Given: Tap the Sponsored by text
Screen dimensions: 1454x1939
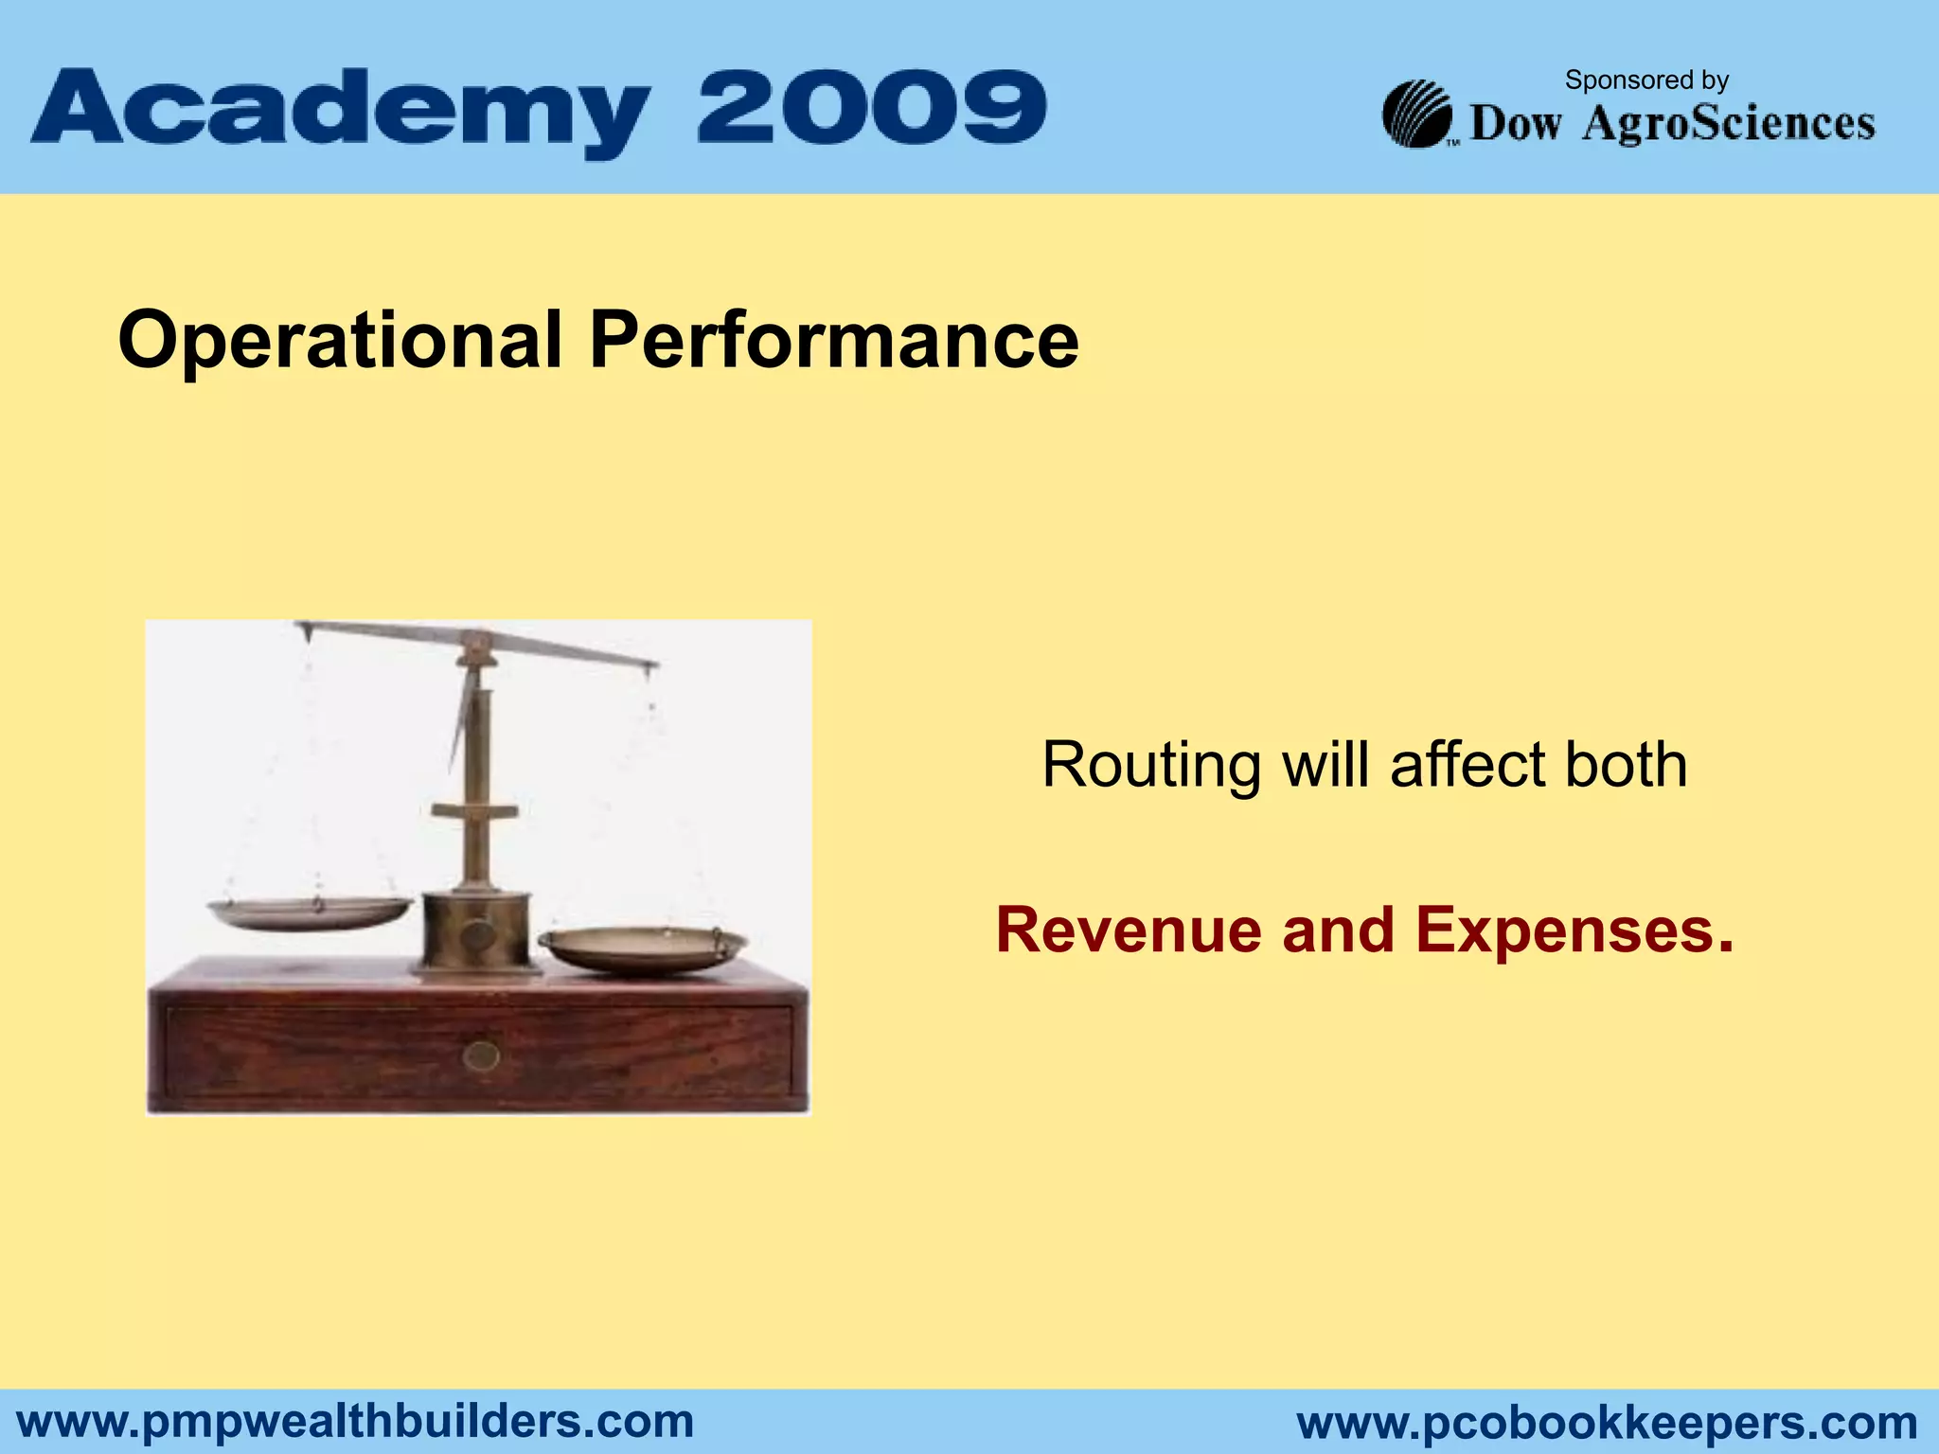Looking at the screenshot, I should click(x=1646, y=80).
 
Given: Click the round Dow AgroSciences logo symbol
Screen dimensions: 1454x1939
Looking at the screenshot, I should click(x=1416, y=115).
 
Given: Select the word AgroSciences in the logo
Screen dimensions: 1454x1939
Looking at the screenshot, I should click(x=1728, y=124).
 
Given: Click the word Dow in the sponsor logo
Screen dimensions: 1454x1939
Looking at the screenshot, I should click(x=1515, y=124).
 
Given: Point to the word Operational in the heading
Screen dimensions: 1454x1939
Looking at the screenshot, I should click(x=340, y=341).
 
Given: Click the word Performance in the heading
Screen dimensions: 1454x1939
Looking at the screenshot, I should click(x=833, y=341).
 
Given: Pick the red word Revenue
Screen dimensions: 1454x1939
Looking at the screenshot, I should click(x=1128, y=930).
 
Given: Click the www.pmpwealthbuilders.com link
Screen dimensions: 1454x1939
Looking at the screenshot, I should click(x=356, y=1421).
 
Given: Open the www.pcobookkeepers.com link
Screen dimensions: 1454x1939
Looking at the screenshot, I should click(x=1607, y=1423).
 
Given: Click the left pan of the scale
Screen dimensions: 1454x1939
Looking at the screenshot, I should click(x=310, y=913).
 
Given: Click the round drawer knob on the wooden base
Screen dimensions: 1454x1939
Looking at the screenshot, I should click(x=481, y=1055).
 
